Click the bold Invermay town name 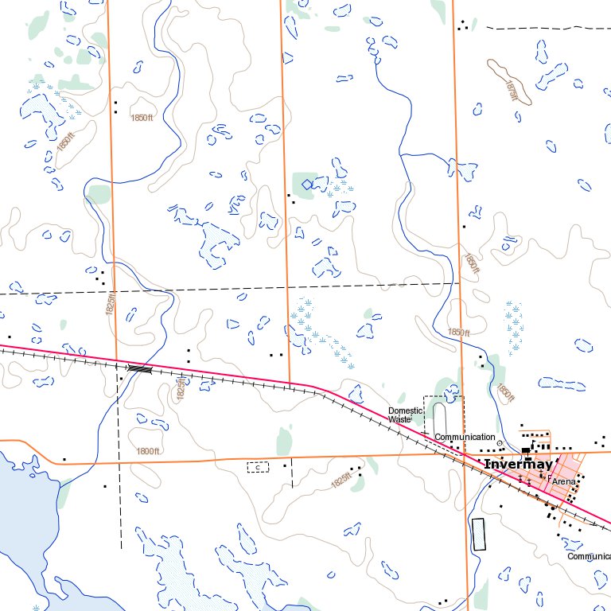pyautogui.click(x=518, y=464)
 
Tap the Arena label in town pyautogui.click(x=563, y=481)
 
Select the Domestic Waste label pyautogui.click(x=399, y=414)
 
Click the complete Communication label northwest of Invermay pyautogui.click(x=465, y=437)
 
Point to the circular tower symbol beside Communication pyautogui.click(x=500, y=444)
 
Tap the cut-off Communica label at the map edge pyautogui.click(x=589, y=556)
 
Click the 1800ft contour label pyautogui.click(x=148, y=451)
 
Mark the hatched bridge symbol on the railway pyautogui.click(x=139, y=368)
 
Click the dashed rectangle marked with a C pyautogui.click(x=258, y=467)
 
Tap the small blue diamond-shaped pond pyautogui.click(x=306, y=184)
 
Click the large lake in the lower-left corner pyautogui.click(x=24, y=509)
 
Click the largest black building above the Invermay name pyautogui.click(x=526, y=451)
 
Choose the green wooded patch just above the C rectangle pyautogui.click(x=284, y=440)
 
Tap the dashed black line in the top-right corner pyautogui.click(x=549, y=28)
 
